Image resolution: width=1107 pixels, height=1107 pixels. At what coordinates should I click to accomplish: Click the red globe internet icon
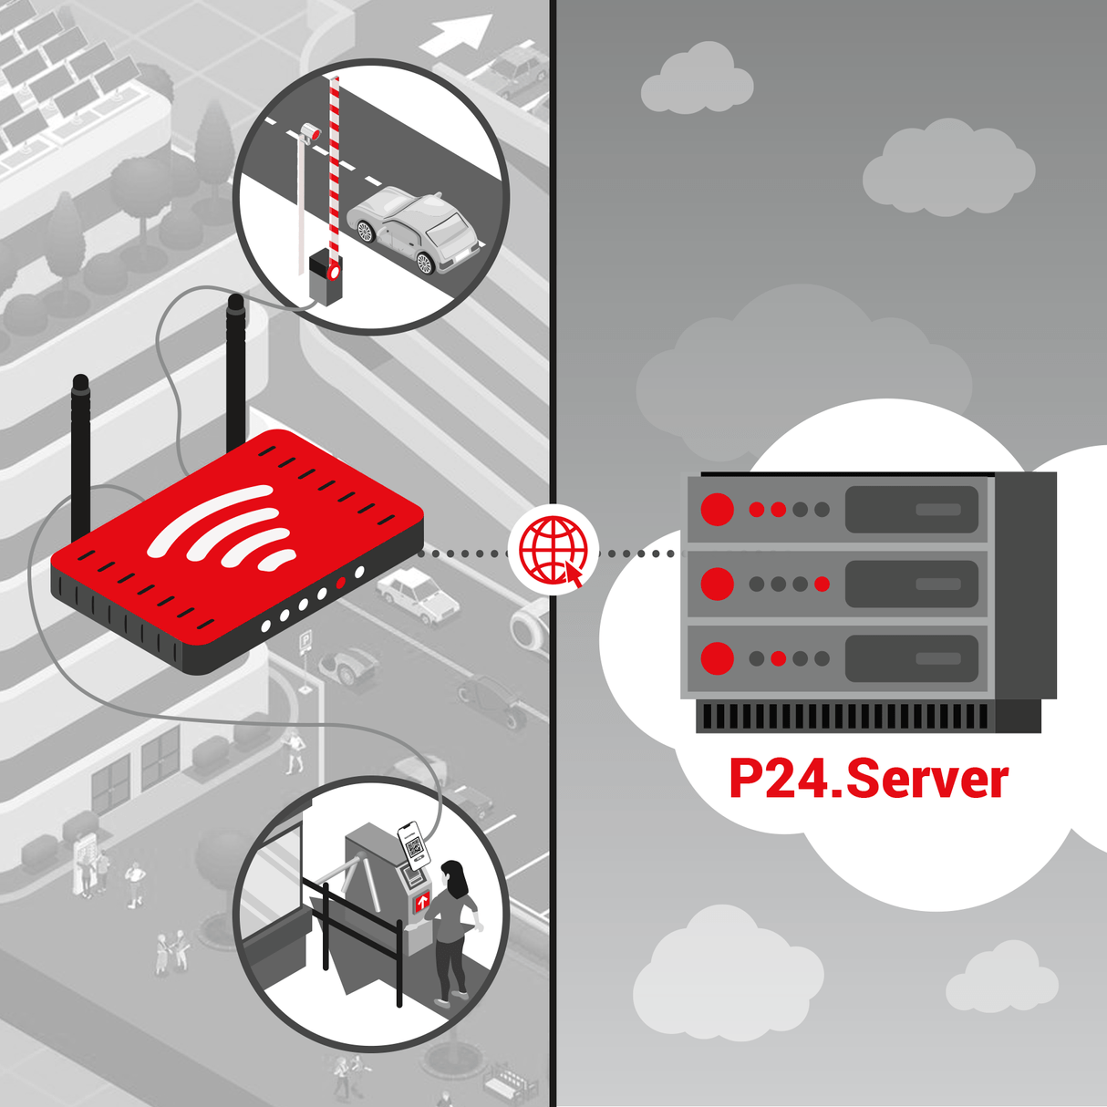[553, 550]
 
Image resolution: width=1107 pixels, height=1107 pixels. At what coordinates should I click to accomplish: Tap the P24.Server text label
[868, 780]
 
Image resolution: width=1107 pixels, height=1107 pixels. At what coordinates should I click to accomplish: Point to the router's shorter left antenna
[80, 456]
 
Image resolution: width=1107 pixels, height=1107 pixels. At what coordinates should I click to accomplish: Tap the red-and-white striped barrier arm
[335, 164]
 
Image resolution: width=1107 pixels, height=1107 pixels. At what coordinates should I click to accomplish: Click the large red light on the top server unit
[718, 509]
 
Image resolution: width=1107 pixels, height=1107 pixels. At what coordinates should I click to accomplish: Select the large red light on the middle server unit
[718, 584]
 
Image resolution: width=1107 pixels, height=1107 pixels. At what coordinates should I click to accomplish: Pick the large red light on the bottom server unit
[718, 657]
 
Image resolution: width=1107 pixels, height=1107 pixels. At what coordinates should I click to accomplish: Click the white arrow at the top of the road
[458, 36]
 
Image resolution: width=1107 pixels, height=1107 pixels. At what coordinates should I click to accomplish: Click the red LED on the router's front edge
[341, 583]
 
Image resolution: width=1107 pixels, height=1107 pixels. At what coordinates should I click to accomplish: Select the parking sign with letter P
[305, 641]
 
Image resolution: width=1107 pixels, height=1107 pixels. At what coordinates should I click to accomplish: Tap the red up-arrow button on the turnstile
[422, 902]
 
